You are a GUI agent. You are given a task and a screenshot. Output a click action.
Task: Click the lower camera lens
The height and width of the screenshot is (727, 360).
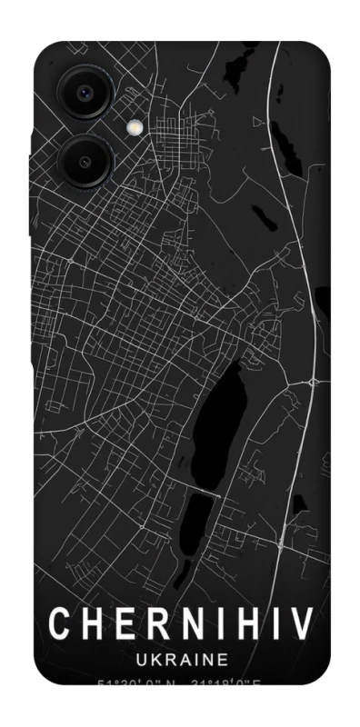pos(85,162)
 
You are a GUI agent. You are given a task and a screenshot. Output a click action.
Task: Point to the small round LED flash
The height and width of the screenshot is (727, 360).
pos(135,129)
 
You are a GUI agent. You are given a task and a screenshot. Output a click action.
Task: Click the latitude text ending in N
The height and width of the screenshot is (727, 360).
pos(136,684)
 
